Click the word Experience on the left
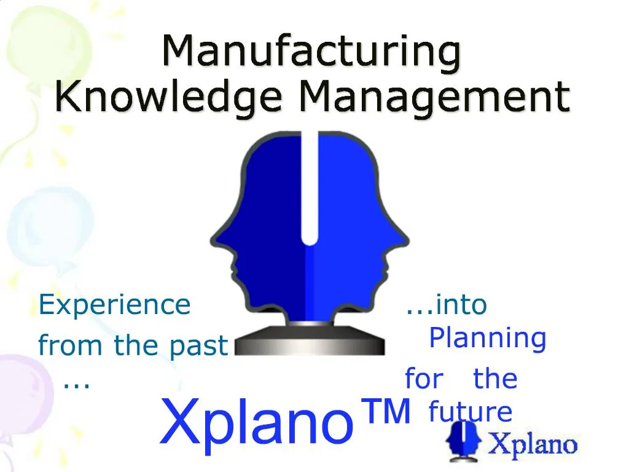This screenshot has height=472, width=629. (x=114, y=305)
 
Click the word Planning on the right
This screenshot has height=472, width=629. (x=487, y=338)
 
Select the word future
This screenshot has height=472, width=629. (x=470, y=412)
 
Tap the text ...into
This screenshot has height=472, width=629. (x=446, y=305)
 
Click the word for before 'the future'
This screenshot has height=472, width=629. (x=423, y=379)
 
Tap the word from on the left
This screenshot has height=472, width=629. (x=61, y=345)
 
